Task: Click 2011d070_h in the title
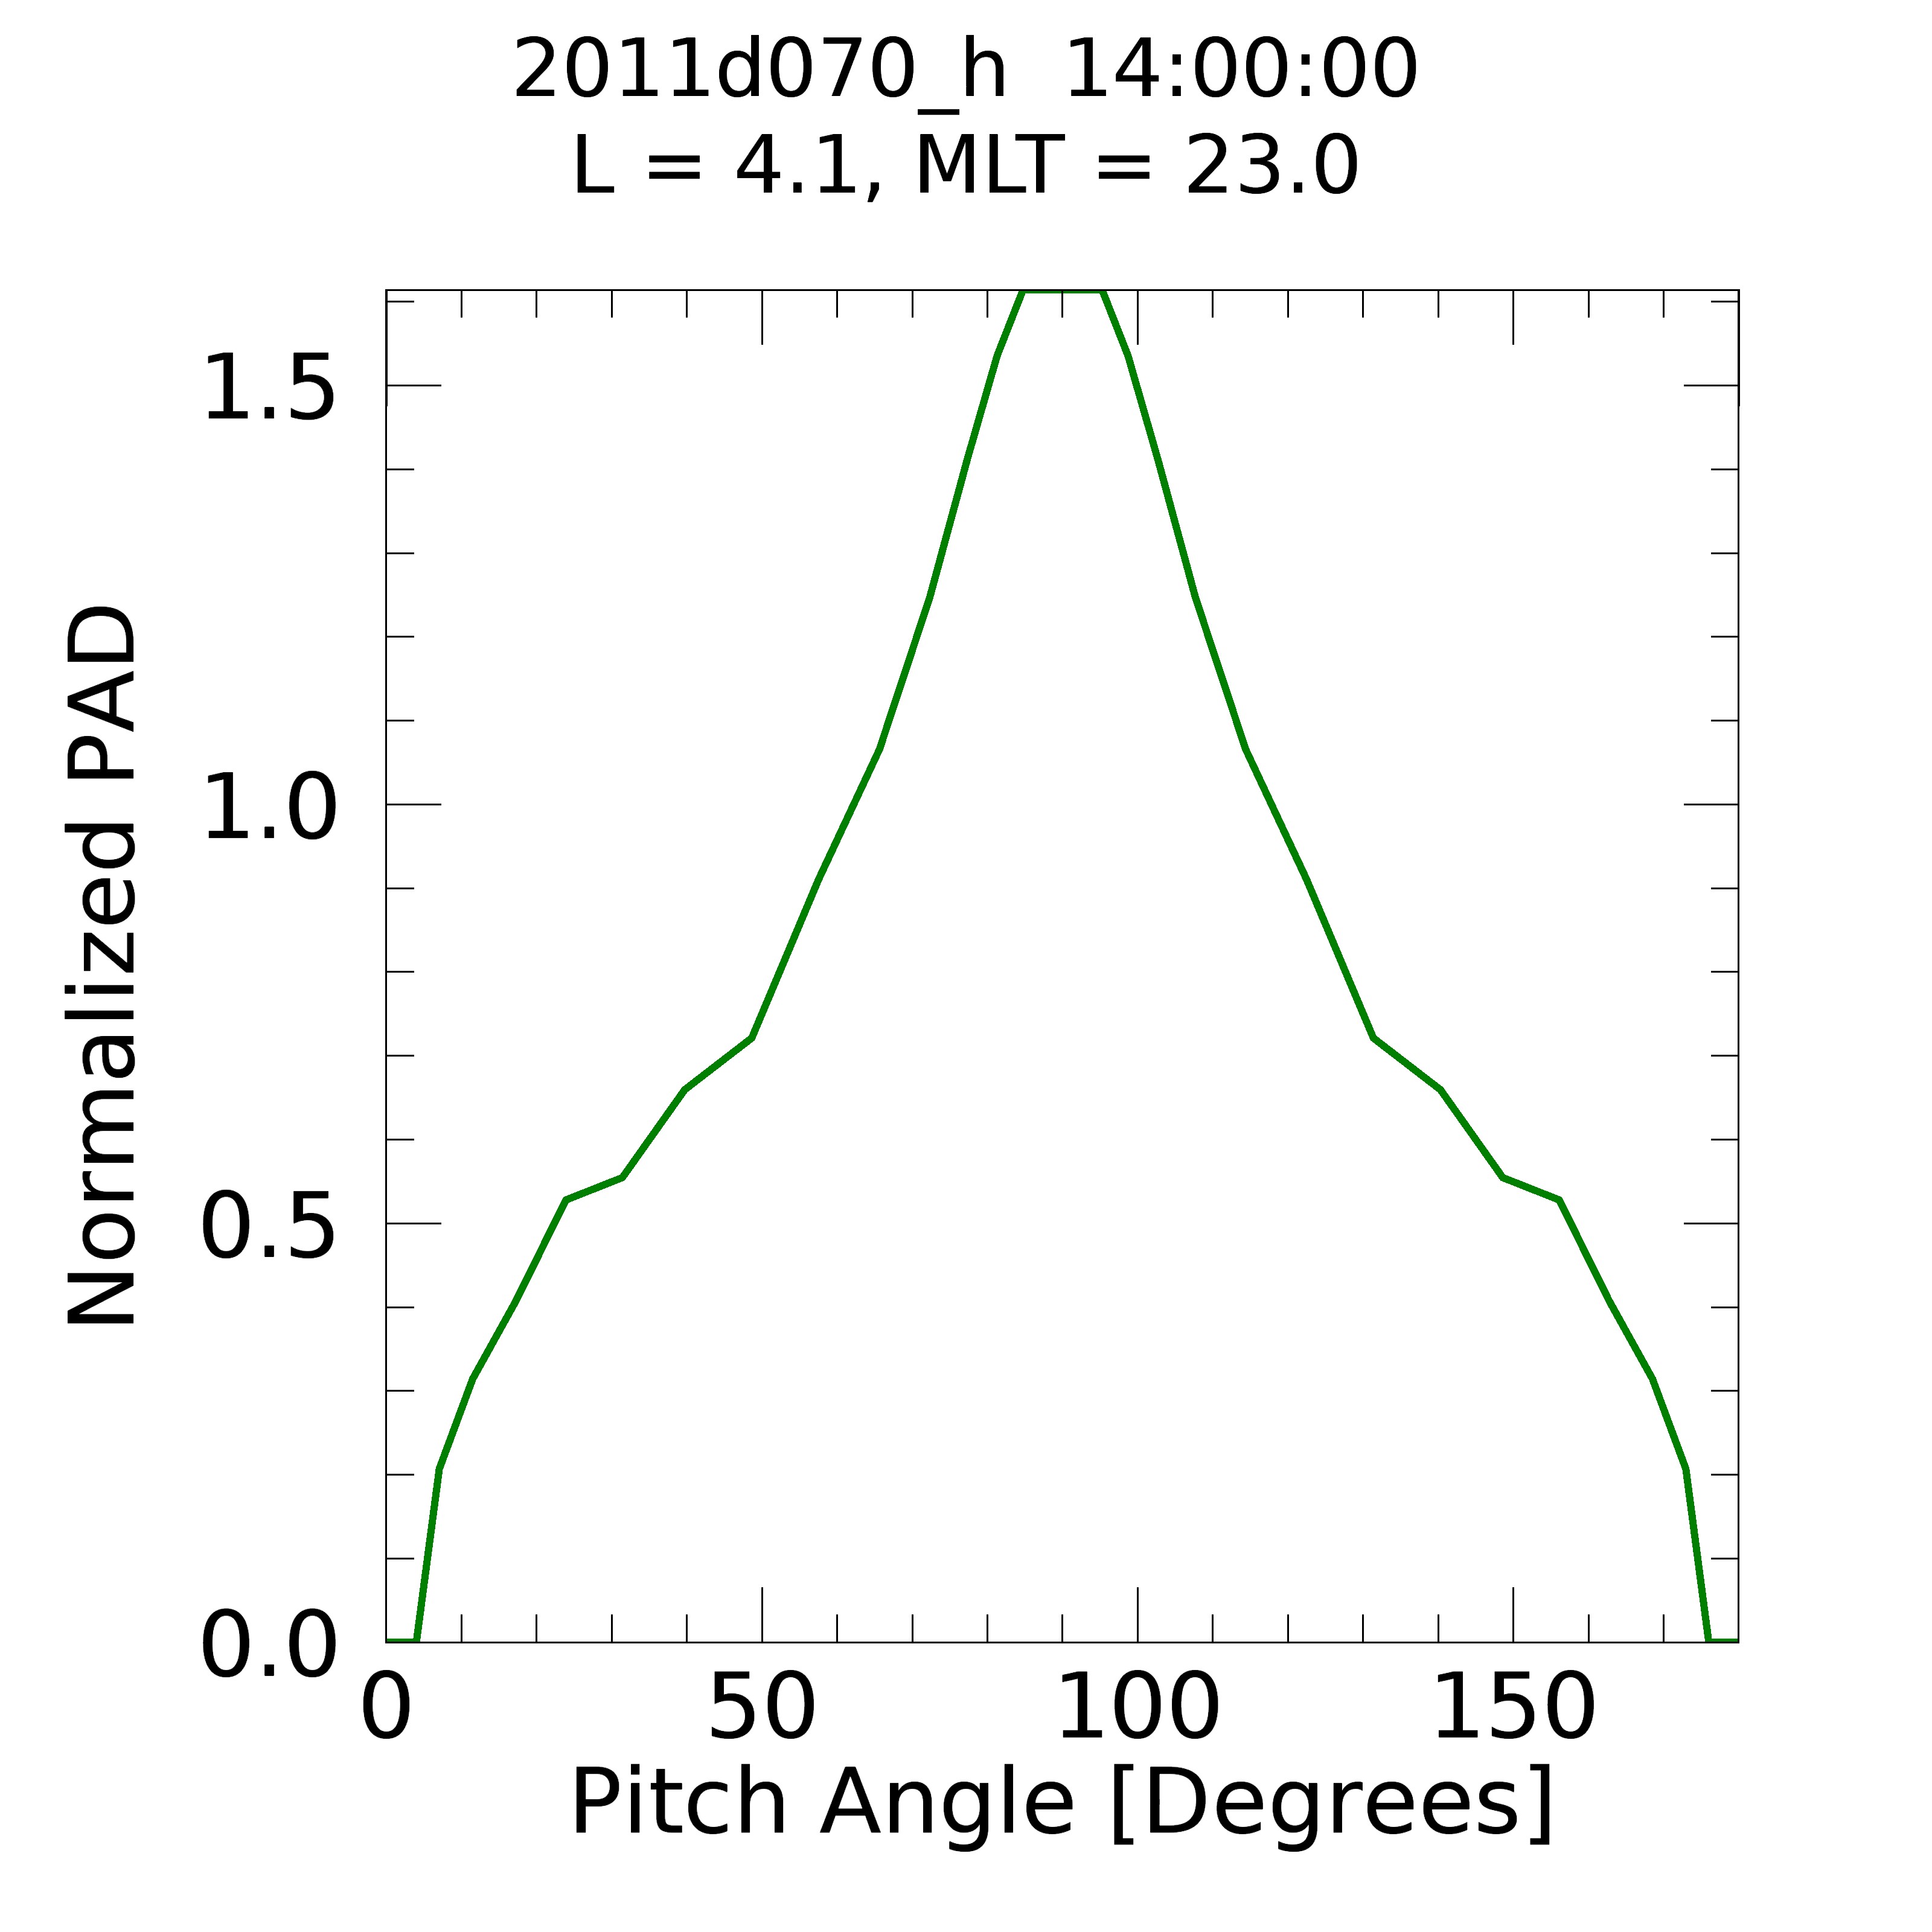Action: point(760,72)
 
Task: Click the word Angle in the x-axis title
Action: point(946,1806)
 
